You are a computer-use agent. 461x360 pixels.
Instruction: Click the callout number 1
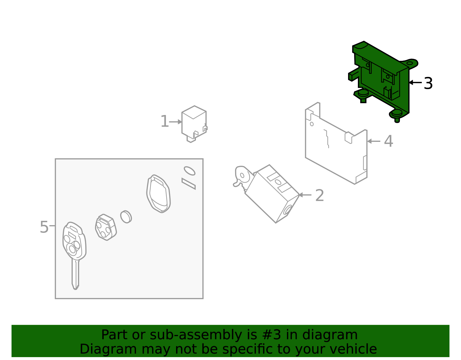(x=165, y=121)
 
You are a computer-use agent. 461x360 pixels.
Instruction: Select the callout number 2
(x=320, y=195)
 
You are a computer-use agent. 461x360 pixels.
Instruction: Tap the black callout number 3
(x=428, y=83)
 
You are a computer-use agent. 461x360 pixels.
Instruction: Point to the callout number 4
(x=388, y=141)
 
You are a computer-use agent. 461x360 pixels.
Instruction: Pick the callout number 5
(x=44, y=227)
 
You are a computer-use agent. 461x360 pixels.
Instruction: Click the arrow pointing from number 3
(x=415, y=82)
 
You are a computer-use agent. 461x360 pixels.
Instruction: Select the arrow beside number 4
(x=374, y=141)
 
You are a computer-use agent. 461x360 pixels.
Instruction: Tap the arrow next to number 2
(x=305, y=195)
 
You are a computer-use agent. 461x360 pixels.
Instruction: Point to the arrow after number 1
(x=175, y=122)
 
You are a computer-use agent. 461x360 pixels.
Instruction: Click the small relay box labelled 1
(x=194, y=124)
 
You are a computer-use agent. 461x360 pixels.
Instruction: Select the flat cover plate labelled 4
(x=336, y=144)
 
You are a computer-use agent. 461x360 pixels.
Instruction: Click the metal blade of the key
(x=75, y=275)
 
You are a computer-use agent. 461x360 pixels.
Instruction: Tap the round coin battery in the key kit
(x=126, y=217)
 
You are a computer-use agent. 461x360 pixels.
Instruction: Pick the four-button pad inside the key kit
(x=106, y=227)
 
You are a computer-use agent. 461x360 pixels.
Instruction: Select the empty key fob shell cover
(x=158, y=193)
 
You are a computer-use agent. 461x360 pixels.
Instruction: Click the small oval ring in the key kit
(x=190, y=171)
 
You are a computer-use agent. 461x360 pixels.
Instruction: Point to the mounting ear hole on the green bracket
(x=409, y=63)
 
